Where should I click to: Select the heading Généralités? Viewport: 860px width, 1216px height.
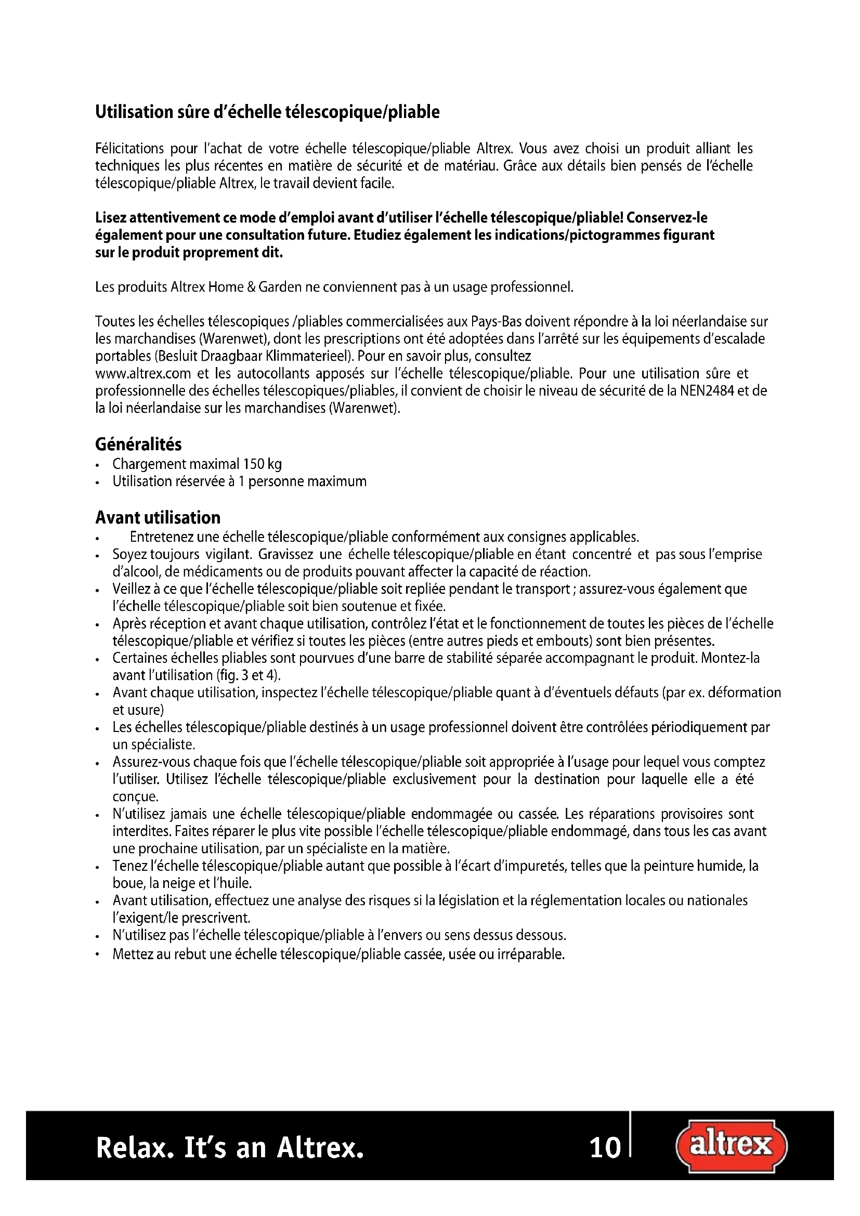(138, 444)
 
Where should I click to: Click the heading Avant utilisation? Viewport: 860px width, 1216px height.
(158, 517)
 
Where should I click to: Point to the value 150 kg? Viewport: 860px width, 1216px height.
(262, 464)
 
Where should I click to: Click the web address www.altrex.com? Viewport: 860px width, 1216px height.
(143, 374)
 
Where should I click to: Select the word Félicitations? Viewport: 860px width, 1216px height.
(130, 149)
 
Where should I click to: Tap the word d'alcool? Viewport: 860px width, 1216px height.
(136, 572)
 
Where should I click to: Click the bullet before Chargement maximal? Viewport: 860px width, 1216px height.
(97, 465)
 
